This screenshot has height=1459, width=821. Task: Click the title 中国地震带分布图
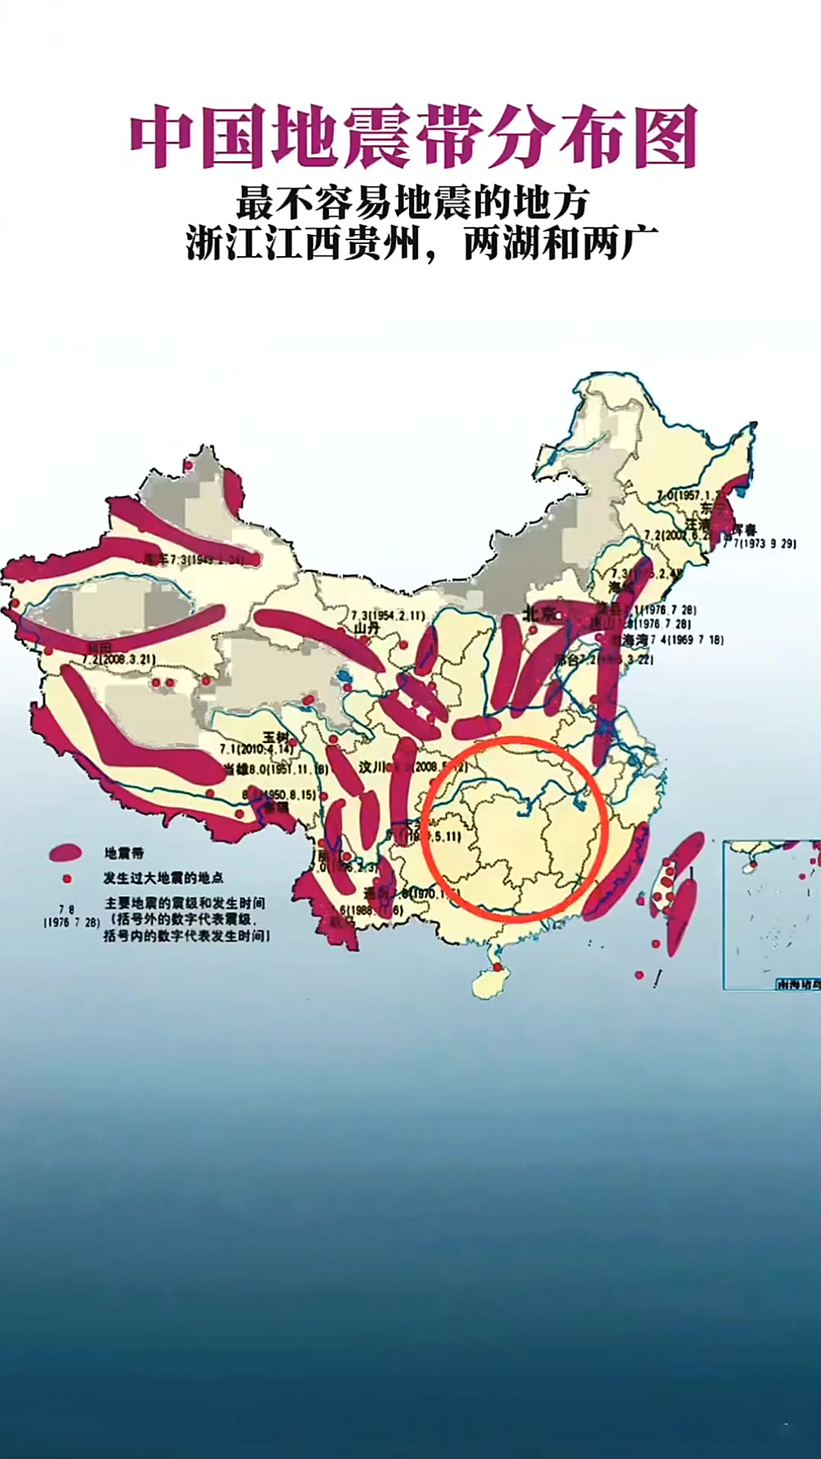coord(414,137)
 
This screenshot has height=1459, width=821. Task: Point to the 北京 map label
coord(540,612)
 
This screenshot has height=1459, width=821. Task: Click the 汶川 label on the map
coord(372,767)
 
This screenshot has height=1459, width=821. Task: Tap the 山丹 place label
coord(366,628)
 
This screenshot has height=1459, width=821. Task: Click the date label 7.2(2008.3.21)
coord(119,659)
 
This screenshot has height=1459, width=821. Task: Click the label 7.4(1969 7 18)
coord(686,640)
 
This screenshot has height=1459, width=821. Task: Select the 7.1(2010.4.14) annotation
coord(256,749)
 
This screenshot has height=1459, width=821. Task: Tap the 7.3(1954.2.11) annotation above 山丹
coord(388,615)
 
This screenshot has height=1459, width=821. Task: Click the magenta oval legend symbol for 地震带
coord(65,853)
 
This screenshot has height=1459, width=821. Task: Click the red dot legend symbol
coord(67,878)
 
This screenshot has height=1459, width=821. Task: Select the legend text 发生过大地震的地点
coord(163,878)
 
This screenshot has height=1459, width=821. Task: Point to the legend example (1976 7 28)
coord(71,923)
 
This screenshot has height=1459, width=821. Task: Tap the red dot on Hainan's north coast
coord(498,967)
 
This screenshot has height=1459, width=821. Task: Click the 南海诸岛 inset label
coord(798,984)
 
